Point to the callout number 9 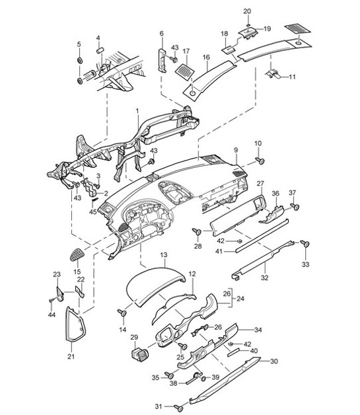(234, 151)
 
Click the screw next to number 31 (178, 406)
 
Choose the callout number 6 (161, 32)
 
